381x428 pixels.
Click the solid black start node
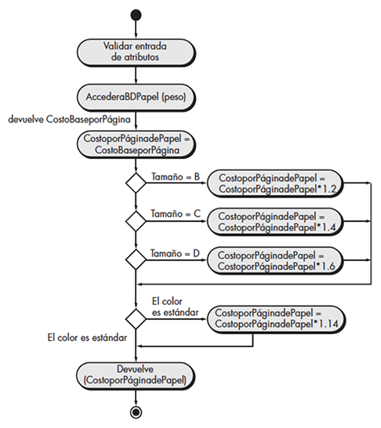point(136,15)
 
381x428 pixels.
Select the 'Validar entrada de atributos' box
point(136,53)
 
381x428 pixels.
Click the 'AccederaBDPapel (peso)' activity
point(136,97)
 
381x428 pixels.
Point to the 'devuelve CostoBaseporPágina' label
point(69,120)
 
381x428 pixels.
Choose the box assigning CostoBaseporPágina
point(136,144)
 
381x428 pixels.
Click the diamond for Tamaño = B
point(136,183)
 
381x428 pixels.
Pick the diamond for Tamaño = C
point(136,221)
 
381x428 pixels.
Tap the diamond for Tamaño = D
point(136,259)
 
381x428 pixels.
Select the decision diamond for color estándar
point(136,318)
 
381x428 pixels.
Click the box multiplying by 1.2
point(275,183)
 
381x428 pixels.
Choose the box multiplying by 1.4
point(275,222)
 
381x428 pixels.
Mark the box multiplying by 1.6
point(275,261)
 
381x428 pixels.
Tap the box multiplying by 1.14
point(276,319)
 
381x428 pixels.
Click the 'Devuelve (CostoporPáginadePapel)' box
point(136,375)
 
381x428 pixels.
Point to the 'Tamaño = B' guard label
point(176,177)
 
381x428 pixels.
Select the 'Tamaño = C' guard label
point(176,214)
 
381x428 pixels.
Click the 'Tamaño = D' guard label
point(176,253)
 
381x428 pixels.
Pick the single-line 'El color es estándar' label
point(87,338)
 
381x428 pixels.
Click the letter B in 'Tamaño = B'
point(197,177)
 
